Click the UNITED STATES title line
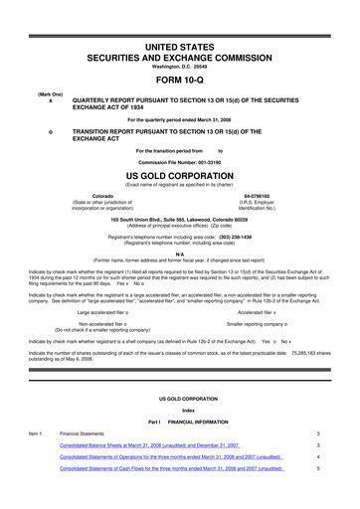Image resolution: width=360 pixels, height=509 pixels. click(179, 47)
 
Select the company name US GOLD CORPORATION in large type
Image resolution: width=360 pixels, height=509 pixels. click(179, 175)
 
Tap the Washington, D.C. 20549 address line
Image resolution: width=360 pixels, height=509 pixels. click(179, 68)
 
